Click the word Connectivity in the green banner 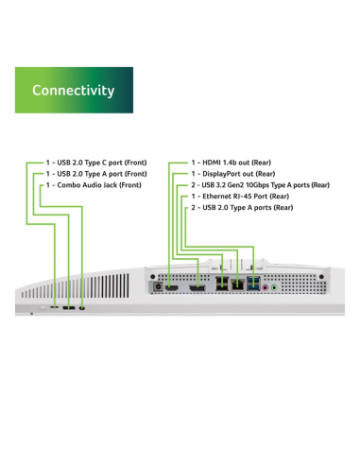coord(74,91)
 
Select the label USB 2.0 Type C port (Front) coord(96,163)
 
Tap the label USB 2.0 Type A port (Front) coord(96,174)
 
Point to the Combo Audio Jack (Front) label coord(94,185)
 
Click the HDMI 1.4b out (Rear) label coord(231,163)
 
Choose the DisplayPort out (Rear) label coord(233,174)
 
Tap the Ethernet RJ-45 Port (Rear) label coord(240,197)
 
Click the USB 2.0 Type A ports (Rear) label coord(242,208)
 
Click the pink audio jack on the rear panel coord(266,287)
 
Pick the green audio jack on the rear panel coord(274,287)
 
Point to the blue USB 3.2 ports coord(254,284)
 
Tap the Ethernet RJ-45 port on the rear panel coord(238,284)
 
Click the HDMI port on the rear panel coord(172,287)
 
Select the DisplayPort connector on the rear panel coord(197,287)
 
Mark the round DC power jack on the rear coord(158,287)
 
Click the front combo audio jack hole coord(82,308)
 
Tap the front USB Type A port coord(69,307)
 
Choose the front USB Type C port coord(54,307)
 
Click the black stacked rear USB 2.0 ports coord(222,284)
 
